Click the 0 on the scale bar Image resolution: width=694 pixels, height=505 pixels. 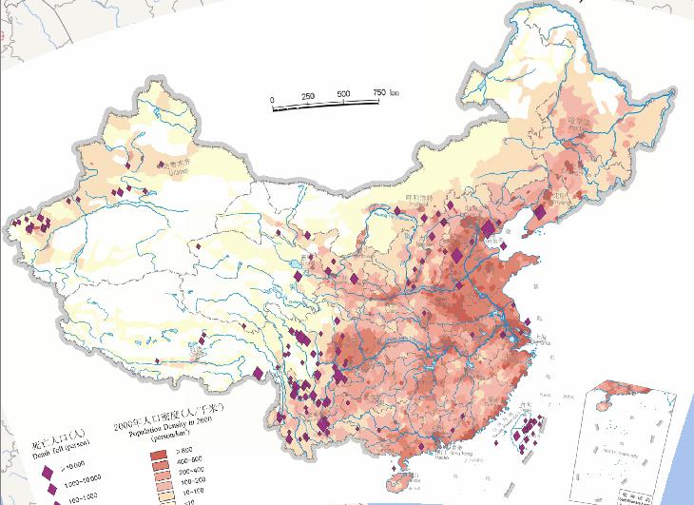coord(273,99)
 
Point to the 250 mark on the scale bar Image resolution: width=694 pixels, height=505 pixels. coord(308,97)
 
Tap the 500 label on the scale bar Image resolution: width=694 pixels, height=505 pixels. coord(342,95)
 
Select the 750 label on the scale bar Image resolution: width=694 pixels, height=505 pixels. coord(377,92)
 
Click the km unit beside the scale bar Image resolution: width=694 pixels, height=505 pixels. coord(395,92)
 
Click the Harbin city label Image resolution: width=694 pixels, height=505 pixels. coord(578,122)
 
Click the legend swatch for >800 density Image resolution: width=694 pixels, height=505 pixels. coord(159,449)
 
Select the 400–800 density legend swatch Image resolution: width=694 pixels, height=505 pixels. coord(159,459)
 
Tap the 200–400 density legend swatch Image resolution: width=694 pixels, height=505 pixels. coord(159,470)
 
